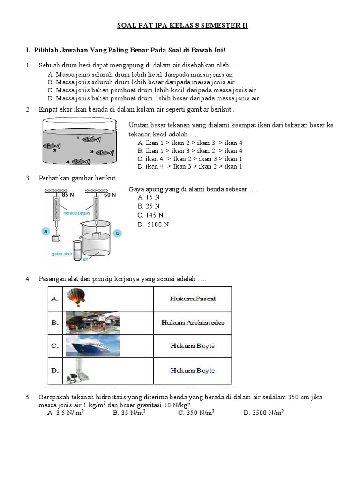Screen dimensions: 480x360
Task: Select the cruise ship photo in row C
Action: [x=93, y=346]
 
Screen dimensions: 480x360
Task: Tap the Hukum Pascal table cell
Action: [x=193, y=299]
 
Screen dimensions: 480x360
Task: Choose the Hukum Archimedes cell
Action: [x=193, y=322]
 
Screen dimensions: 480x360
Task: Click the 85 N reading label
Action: [x=68, y=195]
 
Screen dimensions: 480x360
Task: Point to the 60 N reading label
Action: [x=110, y=195]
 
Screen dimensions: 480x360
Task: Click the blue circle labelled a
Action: [x=46, y=231]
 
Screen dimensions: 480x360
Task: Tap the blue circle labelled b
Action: [x=118, y=233]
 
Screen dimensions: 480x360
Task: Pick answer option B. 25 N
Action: [x=149, y=206]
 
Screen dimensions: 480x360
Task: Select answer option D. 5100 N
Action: [x=153, y=225]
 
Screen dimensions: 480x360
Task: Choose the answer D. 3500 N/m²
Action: [x=264, y=413]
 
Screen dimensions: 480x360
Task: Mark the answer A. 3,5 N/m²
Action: [x=66, y=413]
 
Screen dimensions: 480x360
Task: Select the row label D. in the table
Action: [x=55, y=370]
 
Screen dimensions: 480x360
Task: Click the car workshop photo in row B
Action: [x=93, y=322]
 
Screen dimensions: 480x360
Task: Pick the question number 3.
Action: [x=28, y=178]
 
